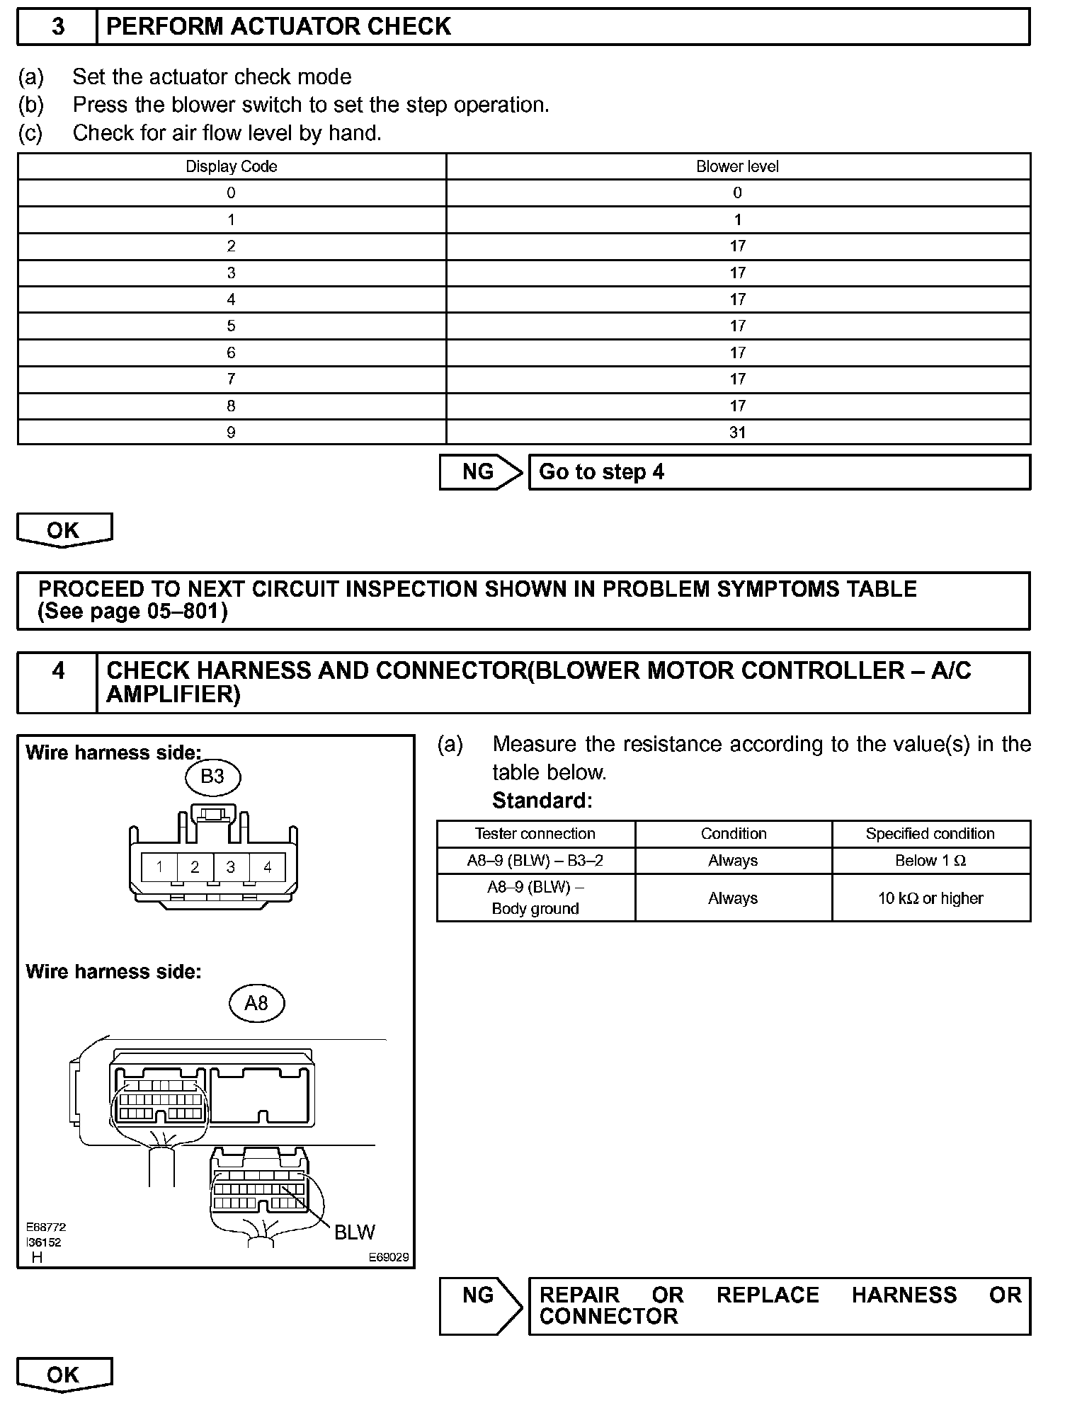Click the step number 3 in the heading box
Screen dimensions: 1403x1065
58,27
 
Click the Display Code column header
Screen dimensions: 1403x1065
231,167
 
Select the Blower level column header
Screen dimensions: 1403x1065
737,167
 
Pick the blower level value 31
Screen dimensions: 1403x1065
737,433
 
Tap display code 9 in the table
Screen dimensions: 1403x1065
231,433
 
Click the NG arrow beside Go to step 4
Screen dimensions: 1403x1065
480,472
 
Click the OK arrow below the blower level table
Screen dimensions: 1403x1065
64,530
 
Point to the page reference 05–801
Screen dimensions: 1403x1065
186,611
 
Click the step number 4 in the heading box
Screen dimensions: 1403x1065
58,670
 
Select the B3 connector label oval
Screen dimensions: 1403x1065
212,777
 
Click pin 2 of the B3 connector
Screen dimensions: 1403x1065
195,866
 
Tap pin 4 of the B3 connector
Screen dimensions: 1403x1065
267,866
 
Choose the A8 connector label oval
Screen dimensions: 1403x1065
256,1003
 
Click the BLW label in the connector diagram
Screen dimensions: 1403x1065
354,1232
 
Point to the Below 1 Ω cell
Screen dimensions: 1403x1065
930,861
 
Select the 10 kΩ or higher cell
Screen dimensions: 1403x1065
930,898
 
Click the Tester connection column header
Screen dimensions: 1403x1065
535,834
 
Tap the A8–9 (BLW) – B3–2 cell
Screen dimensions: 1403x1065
535,861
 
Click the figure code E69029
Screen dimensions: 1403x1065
388,1257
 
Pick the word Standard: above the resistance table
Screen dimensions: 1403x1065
542,801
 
